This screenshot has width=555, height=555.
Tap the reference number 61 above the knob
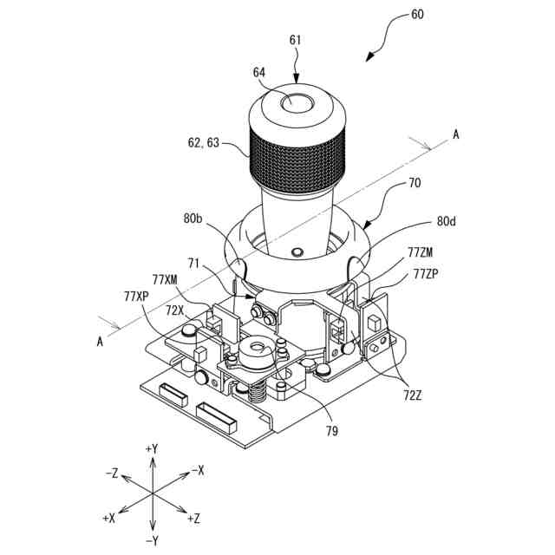point(296,40)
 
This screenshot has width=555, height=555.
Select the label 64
point(259,73)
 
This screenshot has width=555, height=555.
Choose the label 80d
point(447,221)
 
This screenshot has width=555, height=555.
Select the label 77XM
point(165,279)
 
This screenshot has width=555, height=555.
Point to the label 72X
point(174,310)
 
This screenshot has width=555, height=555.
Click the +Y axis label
point(152,448)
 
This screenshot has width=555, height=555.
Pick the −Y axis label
point(152,540)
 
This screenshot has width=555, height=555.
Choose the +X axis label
point(109,517)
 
